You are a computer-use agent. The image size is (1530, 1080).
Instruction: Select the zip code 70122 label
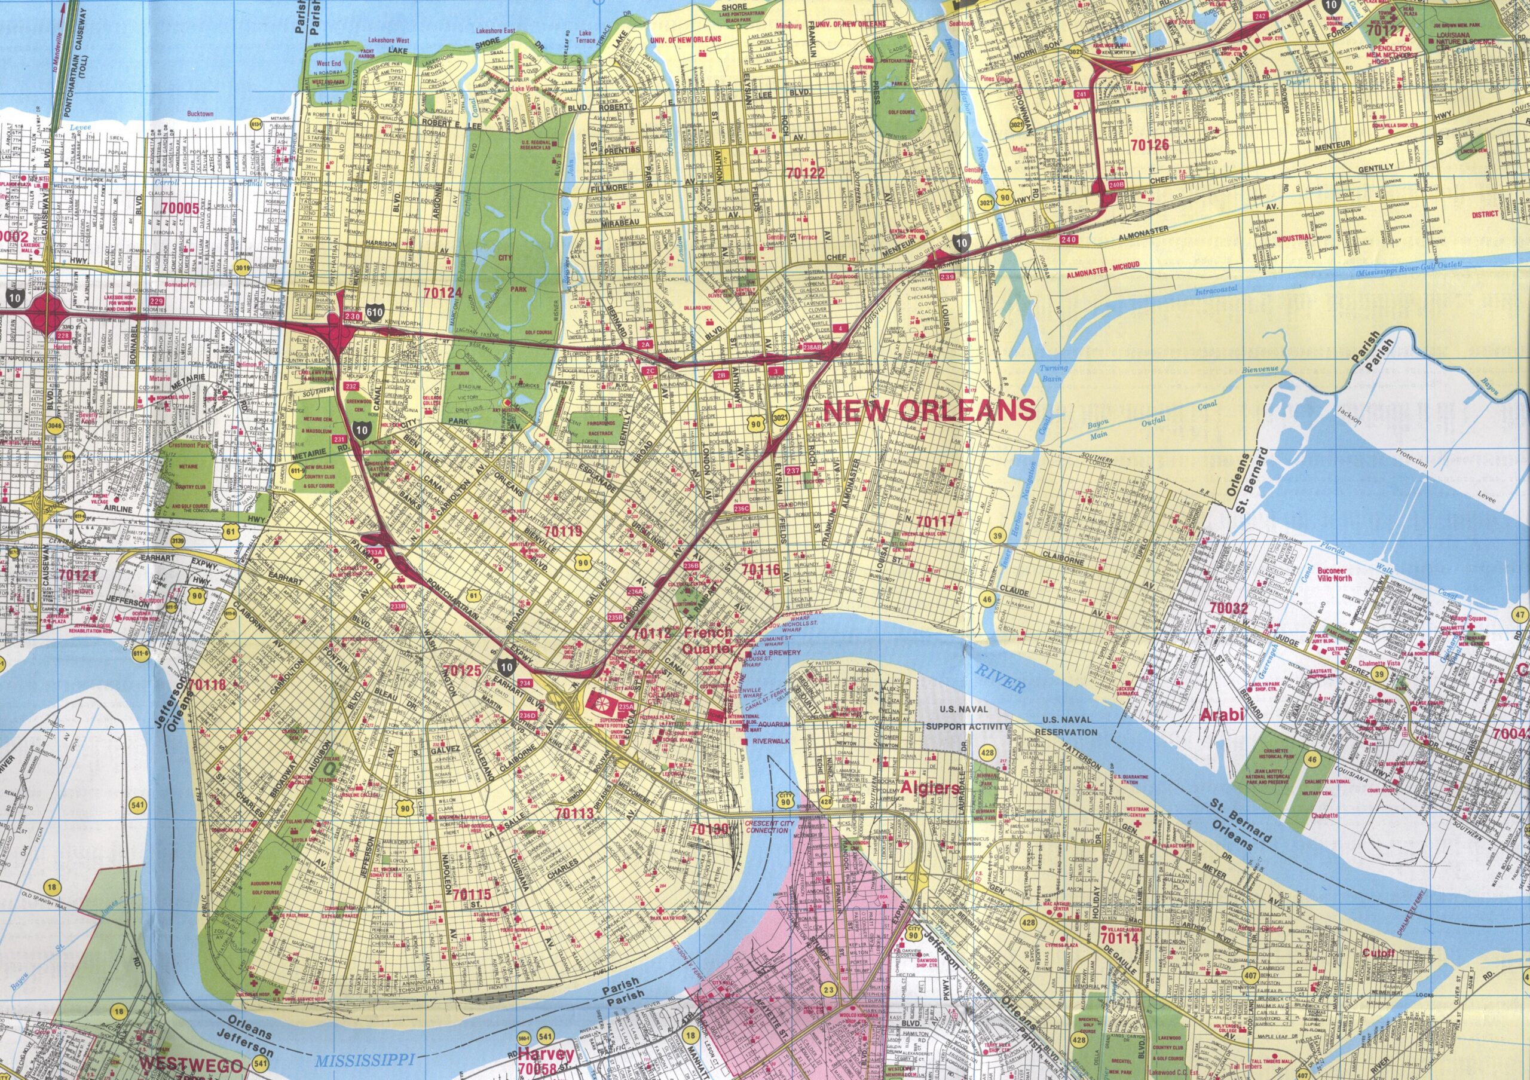click(805, 174)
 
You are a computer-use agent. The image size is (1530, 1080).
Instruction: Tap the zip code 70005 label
click(180, 208)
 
